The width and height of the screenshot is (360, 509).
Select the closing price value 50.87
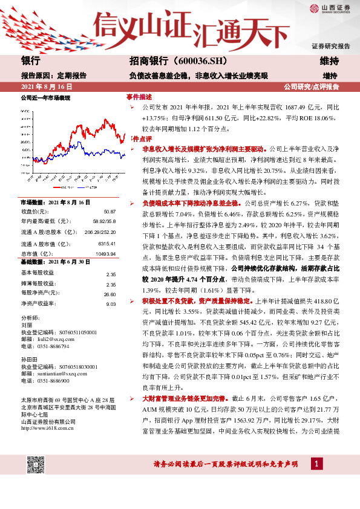[x=109, y=212]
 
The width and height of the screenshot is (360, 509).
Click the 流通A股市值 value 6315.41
[x=106, y=243]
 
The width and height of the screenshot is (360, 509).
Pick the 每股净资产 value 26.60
[x=109, y=294]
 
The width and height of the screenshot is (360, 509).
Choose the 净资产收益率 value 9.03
[x=111, y=304]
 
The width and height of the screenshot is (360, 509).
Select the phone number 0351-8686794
[x=55, y=346]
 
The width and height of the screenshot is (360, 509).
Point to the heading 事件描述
[x=139, y=97]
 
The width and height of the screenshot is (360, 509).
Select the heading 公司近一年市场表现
[x=45, y=97]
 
